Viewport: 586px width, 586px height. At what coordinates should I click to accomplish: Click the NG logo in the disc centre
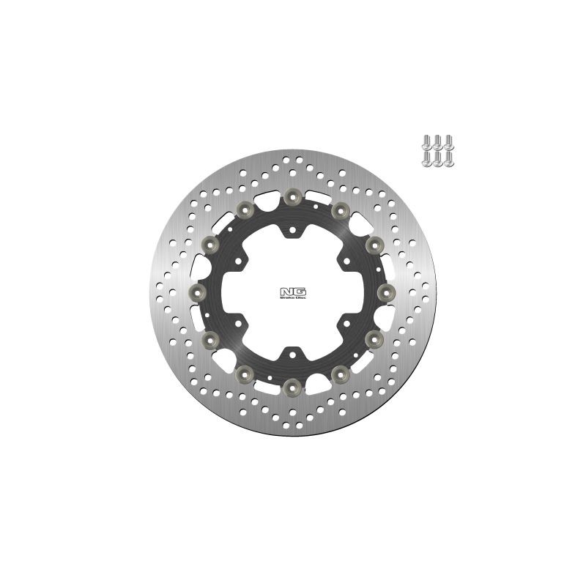coord(292,292)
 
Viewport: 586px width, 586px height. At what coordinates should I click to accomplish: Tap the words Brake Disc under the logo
coord(293,298)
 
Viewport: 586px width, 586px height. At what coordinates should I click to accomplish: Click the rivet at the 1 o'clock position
coord(340,210)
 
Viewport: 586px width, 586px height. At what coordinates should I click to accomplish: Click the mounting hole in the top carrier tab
coord(292,230)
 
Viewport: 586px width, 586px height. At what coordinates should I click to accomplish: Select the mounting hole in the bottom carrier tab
coord(292,355)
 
